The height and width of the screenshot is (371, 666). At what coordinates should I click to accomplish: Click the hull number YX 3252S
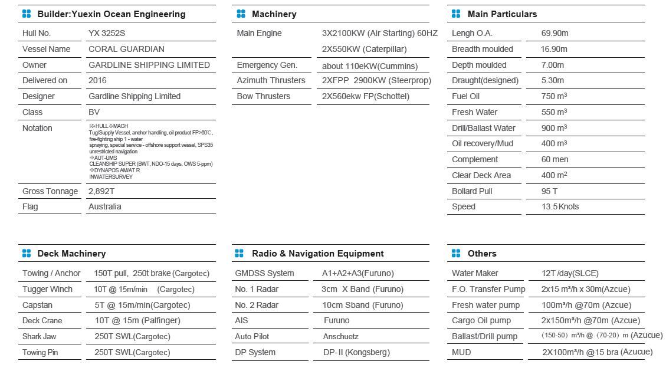click(x=107, y=34)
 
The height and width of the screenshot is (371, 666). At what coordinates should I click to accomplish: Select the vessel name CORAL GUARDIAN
click(x=126, y=49)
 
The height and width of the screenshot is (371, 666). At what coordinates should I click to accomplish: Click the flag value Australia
click(x=105, y=206)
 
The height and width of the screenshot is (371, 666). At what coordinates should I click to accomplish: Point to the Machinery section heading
click(x=274, y=14)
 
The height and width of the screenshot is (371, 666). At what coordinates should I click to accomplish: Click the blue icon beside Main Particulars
click(x=456, y=14)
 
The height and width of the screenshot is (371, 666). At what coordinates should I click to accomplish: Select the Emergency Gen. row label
click(x=267, y=65)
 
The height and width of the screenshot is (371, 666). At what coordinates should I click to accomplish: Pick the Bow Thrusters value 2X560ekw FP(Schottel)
click(x=365, y=96)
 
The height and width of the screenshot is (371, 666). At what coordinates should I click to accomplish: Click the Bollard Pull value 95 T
click(x=549, y=191)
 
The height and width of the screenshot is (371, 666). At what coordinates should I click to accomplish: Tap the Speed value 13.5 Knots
click(x=560, y=206)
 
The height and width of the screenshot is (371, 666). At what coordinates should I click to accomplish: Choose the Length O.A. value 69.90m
click(x=555, y=34)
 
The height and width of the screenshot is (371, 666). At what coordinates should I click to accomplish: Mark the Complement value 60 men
click(x=555, y=159)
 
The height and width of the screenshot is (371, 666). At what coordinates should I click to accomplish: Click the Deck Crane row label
click(x=42, y=321)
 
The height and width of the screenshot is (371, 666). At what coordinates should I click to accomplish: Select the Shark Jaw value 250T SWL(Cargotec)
click(x=132, y=336)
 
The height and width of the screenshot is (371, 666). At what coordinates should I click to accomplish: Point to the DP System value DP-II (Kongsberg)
click(x=356, y=352)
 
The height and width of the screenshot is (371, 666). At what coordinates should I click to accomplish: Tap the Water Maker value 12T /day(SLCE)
click(x=570, y=273)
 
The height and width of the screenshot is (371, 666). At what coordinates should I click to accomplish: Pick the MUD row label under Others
click(x=461, y=352)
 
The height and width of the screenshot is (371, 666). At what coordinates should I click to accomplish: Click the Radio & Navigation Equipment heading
click(x=317, y=254)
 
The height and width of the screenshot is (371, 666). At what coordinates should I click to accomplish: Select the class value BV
click(x=94, y=112)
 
